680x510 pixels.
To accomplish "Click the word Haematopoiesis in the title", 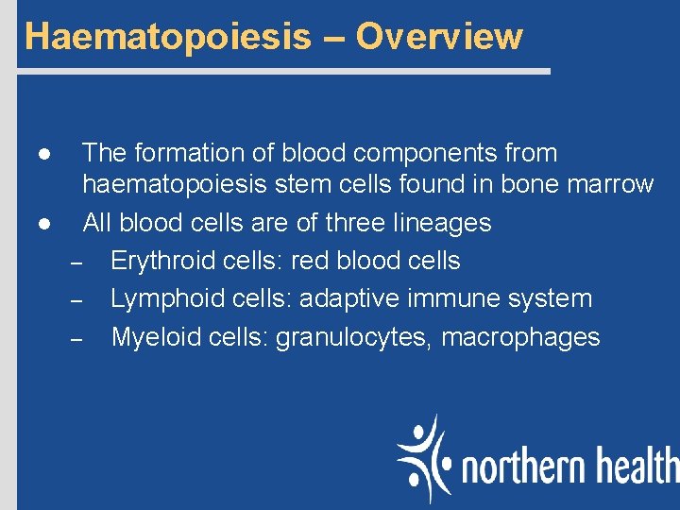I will point(167,36).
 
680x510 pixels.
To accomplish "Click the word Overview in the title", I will point(439,36).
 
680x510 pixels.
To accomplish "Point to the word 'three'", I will point(351,224).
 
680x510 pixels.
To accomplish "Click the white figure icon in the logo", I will point(424,457).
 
